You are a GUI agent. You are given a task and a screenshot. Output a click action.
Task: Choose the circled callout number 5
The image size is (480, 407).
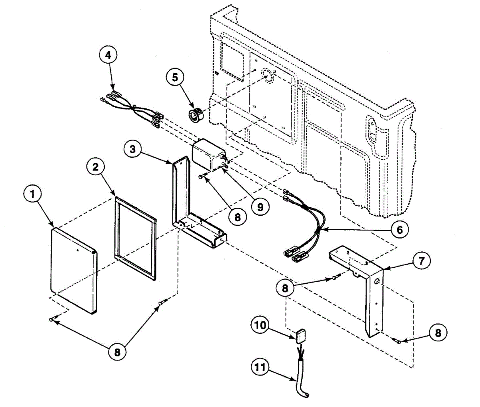click(175, 77)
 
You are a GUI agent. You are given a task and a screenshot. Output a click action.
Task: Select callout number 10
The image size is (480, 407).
click(260, 325)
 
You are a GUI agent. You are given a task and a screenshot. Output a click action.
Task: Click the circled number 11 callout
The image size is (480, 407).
click(260, 367)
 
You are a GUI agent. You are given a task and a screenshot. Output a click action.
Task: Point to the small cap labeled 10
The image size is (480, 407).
click(301, 335)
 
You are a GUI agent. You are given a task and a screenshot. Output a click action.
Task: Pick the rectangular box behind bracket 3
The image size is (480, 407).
click(208, 153)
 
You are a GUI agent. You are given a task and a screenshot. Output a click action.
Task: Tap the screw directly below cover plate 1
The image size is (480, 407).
click(54, 318)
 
